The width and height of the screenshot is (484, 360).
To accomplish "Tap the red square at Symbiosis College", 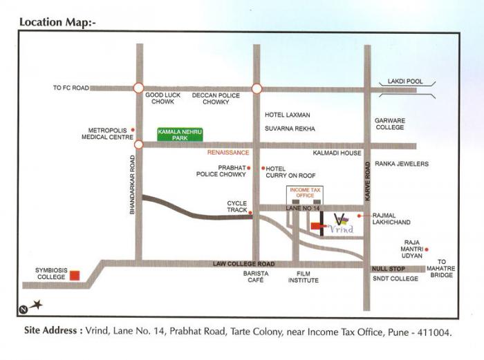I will [x=75, y=275].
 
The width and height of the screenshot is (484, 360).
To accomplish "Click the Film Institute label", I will [x=304, y=276].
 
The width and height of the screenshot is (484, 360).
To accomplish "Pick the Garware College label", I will [x=389, y=124].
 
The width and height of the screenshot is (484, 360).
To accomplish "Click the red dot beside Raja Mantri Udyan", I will [x=427, y=249].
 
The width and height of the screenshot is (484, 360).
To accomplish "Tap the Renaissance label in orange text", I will [x=228, y=152].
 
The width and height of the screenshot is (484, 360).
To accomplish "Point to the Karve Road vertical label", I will [x=369, y=182].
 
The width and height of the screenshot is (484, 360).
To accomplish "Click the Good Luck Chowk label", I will [x=164, y=99].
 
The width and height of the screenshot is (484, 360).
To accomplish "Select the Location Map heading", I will [x=57, y=22].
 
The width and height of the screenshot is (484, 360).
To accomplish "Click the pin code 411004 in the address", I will [x=431, y=332].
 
